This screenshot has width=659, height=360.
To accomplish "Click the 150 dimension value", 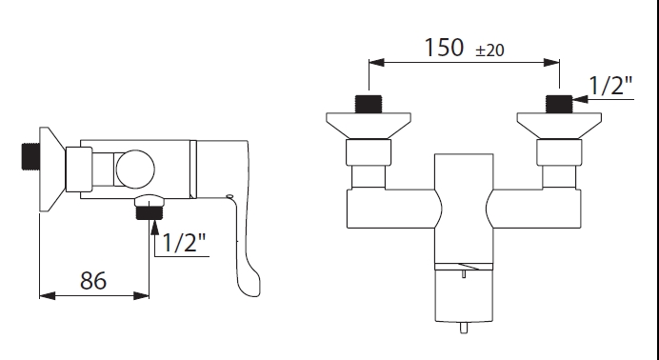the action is [444, 47].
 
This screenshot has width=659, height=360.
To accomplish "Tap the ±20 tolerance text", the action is [489, 50].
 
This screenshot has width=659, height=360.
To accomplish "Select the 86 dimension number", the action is [93, 280].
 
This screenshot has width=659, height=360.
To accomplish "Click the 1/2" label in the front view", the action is [610, 86].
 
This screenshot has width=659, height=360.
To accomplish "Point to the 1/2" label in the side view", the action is [184, 242].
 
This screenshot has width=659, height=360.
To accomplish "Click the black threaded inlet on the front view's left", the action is [369, 104].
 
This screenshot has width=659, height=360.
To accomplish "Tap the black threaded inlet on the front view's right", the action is [559, 104].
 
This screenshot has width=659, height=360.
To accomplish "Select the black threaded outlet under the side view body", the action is [149, 213].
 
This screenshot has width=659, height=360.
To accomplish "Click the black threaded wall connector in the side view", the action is [30, 156].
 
